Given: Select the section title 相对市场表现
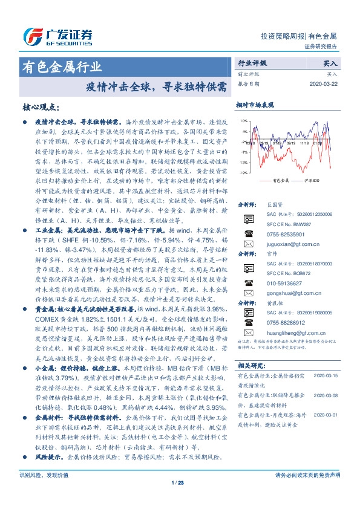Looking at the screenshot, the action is coord(255,105).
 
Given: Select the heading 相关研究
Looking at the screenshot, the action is coord(250,365).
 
